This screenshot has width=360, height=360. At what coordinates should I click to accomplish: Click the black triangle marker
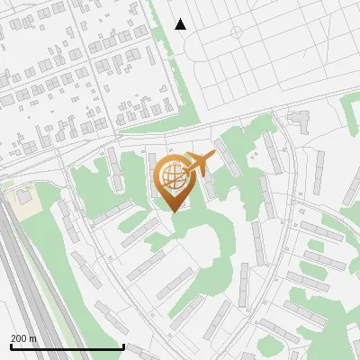tap(181, 24)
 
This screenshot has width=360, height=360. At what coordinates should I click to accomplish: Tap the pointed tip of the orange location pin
tap(173, 210)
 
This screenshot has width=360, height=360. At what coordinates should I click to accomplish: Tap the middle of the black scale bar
tap(67, 347)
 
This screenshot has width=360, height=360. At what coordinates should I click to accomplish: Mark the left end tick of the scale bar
tap(10, 346)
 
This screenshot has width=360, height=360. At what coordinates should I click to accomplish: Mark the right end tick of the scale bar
tap(123, 346)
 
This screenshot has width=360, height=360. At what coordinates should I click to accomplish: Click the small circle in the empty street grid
tap(236, 32)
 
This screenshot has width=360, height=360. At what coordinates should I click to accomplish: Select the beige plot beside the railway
tap(24, 199)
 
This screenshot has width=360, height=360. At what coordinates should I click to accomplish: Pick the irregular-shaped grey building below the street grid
tap(298, 117)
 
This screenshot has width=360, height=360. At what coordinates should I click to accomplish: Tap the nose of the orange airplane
tap(213, 154)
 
